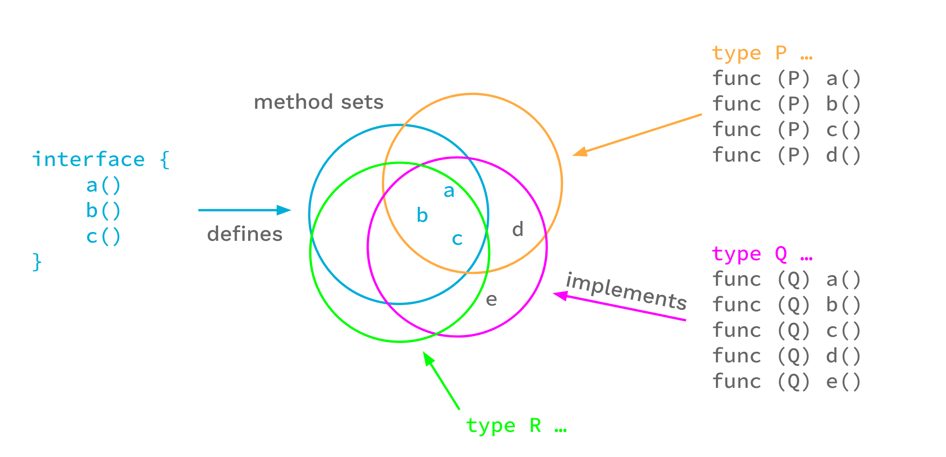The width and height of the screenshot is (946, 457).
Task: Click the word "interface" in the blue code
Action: [88, 159]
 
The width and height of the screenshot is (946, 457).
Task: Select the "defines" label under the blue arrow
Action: [245, 234]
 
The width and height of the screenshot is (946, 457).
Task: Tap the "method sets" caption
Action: [319, 102]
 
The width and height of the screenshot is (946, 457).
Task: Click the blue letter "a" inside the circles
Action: [449, 191]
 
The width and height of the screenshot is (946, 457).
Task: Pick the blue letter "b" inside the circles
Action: [422, 215]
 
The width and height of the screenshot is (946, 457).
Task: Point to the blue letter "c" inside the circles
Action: [457, 239]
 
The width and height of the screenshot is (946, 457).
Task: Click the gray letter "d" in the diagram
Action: [518, 229]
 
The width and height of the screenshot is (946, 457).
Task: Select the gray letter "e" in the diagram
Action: [491, 299]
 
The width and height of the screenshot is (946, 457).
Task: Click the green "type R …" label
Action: [516, 426]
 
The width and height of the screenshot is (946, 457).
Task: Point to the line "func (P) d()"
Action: [786, 155]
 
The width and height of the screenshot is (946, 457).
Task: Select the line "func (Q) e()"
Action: [786, 382]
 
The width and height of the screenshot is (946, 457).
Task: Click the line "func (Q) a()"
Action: [786, 280]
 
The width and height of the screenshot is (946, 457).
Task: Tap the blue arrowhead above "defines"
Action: [284, 210]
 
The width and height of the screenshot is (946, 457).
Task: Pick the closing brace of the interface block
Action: [37, 262]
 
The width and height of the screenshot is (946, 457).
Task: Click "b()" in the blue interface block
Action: [103, 211]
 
